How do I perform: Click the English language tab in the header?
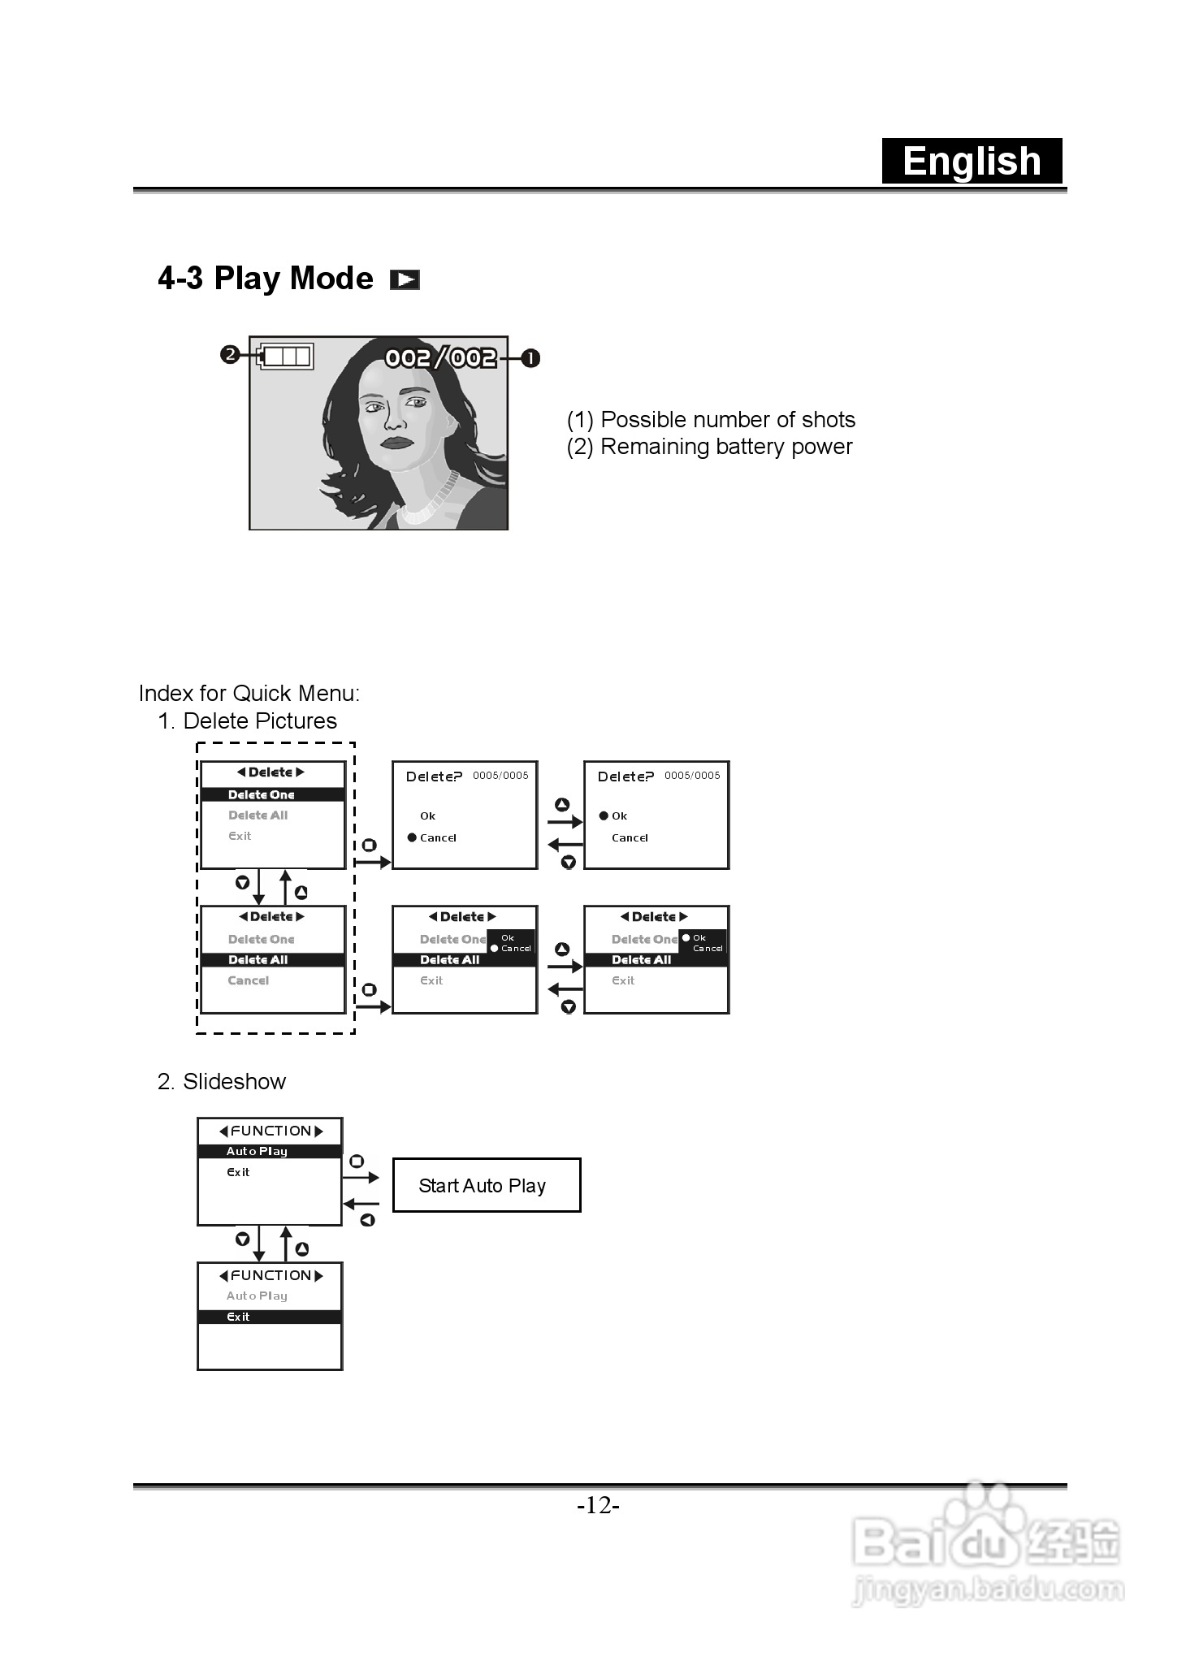pos(972,161)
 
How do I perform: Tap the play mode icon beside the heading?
pos(405,279)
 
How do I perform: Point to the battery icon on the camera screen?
pos(286,356)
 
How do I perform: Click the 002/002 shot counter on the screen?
pos(440,357)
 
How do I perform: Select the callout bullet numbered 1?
pos(530,358)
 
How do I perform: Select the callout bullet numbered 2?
pos(230,355)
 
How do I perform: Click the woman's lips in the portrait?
pos(398,443)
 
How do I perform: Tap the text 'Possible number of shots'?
pos(727,420)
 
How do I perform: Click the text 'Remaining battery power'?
pos(725,447)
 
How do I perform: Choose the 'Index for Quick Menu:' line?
pos(249,694)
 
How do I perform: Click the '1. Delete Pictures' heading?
pos(247,721)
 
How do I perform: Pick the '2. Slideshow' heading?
pos(222,1082)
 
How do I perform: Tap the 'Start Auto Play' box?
pos(486,1186)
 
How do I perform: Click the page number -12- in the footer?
pos(599,1506)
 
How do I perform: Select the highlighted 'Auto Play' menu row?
pos(270,1151)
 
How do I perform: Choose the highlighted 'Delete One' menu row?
pos(273,794)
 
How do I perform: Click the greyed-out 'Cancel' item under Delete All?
pos(249,980)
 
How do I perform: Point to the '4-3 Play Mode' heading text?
pos(266,279)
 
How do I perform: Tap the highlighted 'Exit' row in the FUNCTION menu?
pos(270,1317)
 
